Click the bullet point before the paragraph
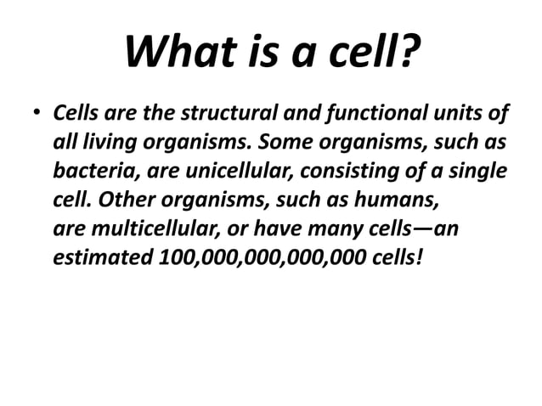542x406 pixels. click(x=37, y=114)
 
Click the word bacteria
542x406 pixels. click(x=91, y=170)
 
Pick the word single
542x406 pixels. click(x=476, y=170)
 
